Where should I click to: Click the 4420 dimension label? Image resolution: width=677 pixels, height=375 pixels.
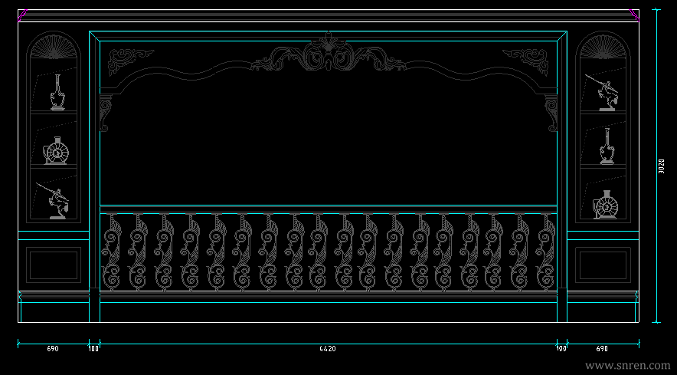coord(328,349)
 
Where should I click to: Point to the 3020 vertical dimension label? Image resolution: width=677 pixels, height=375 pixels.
coord(662,166)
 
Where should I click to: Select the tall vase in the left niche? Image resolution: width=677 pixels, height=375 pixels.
coord(57,93)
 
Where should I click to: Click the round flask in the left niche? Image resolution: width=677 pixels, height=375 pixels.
coord(57,151)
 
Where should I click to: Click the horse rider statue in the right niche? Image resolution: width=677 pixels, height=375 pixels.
coord(604,92)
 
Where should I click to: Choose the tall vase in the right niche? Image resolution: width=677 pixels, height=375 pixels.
coord(607,146)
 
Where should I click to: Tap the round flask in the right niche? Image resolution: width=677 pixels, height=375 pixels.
coord(606,205)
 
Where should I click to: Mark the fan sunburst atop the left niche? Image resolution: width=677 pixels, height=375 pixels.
coord(54,47)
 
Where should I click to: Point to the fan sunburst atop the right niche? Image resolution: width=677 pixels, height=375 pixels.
coord(604,47)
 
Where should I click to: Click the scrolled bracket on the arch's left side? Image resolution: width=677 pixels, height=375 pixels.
coord(106,112)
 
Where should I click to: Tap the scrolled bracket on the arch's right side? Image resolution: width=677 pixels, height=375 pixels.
coord(551,112)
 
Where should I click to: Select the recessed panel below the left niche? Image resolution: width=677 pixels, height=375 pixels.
coord(54,264)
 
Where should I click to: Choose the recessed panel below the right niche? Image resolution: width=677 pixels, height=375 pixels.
coord(603,264)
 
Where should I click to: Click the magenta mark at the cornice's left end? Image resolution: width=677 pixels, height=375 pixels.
coord(22,14)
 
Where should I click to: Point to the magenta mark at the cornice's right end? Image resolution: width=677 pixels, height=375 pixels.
coord(635,14)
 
